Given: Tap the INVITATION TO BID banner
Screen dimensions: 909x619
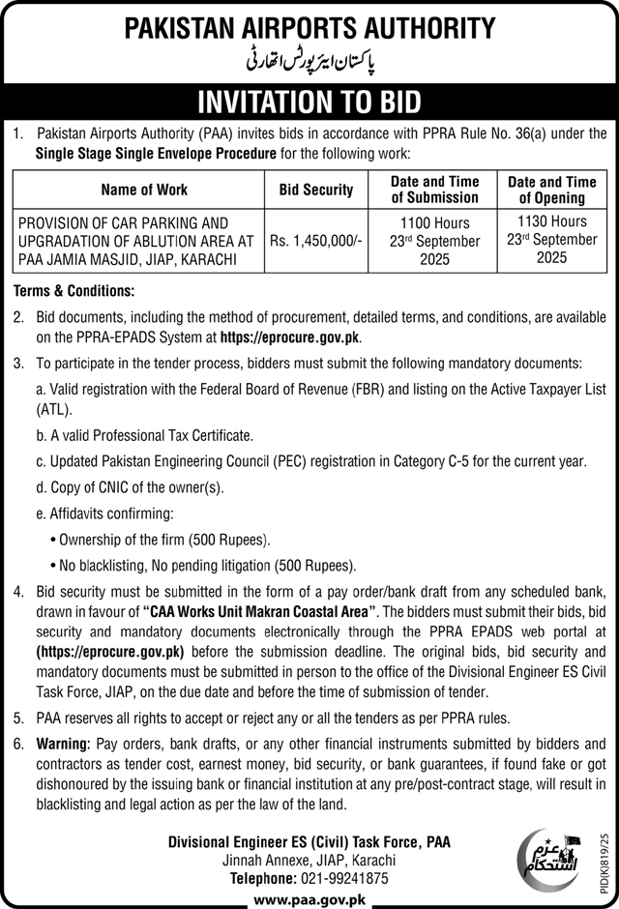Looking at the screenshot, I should pyautogui.click(x=309, y=102).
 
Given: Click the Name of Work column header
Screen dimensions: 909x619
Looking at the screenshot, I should pyautogui.click(x=143, y=190).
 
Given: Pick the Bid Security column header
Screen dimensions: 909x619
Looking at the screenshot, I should pyautogui.click(x=316, y=190).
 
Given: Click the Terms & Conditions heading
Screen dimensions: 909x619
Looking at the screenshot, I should pyautogui.click(x=74, y=291).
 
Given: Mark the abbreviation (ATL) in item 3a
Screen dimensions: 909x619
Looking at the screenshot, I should pyautogui.click(x=52, y=410).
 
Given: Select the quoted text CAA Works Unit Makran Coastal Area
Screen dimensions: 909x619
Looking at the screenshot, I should pyautogui.click(x=260, y=611).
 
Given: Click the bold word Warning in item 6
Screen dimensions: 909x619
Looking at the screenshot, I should pyautogui.click(x=63, y=745).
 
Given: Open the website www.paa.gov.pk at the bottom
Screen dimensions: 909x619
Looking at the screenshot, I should pyautogui.click(x=309, y=899).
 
